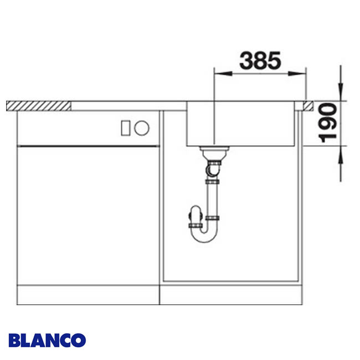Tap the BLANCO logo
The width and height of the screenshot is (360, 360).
tap(47, 339)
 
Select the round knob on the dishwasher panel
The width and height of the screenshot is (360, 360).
tap(142, 128)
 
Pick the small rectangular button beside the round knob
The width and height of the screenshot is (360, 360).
tap(125, 128)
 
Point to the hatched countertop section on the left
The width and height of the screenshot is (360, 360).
tap(39, 105)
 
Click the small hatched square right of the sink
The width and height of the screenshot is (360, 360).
tap(307, 105)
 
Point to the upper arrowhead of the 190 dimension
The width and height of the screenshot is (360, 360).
tap(340, 94)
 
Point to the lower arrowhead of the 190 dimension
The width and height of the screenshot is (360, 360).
tap(340, 152)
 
